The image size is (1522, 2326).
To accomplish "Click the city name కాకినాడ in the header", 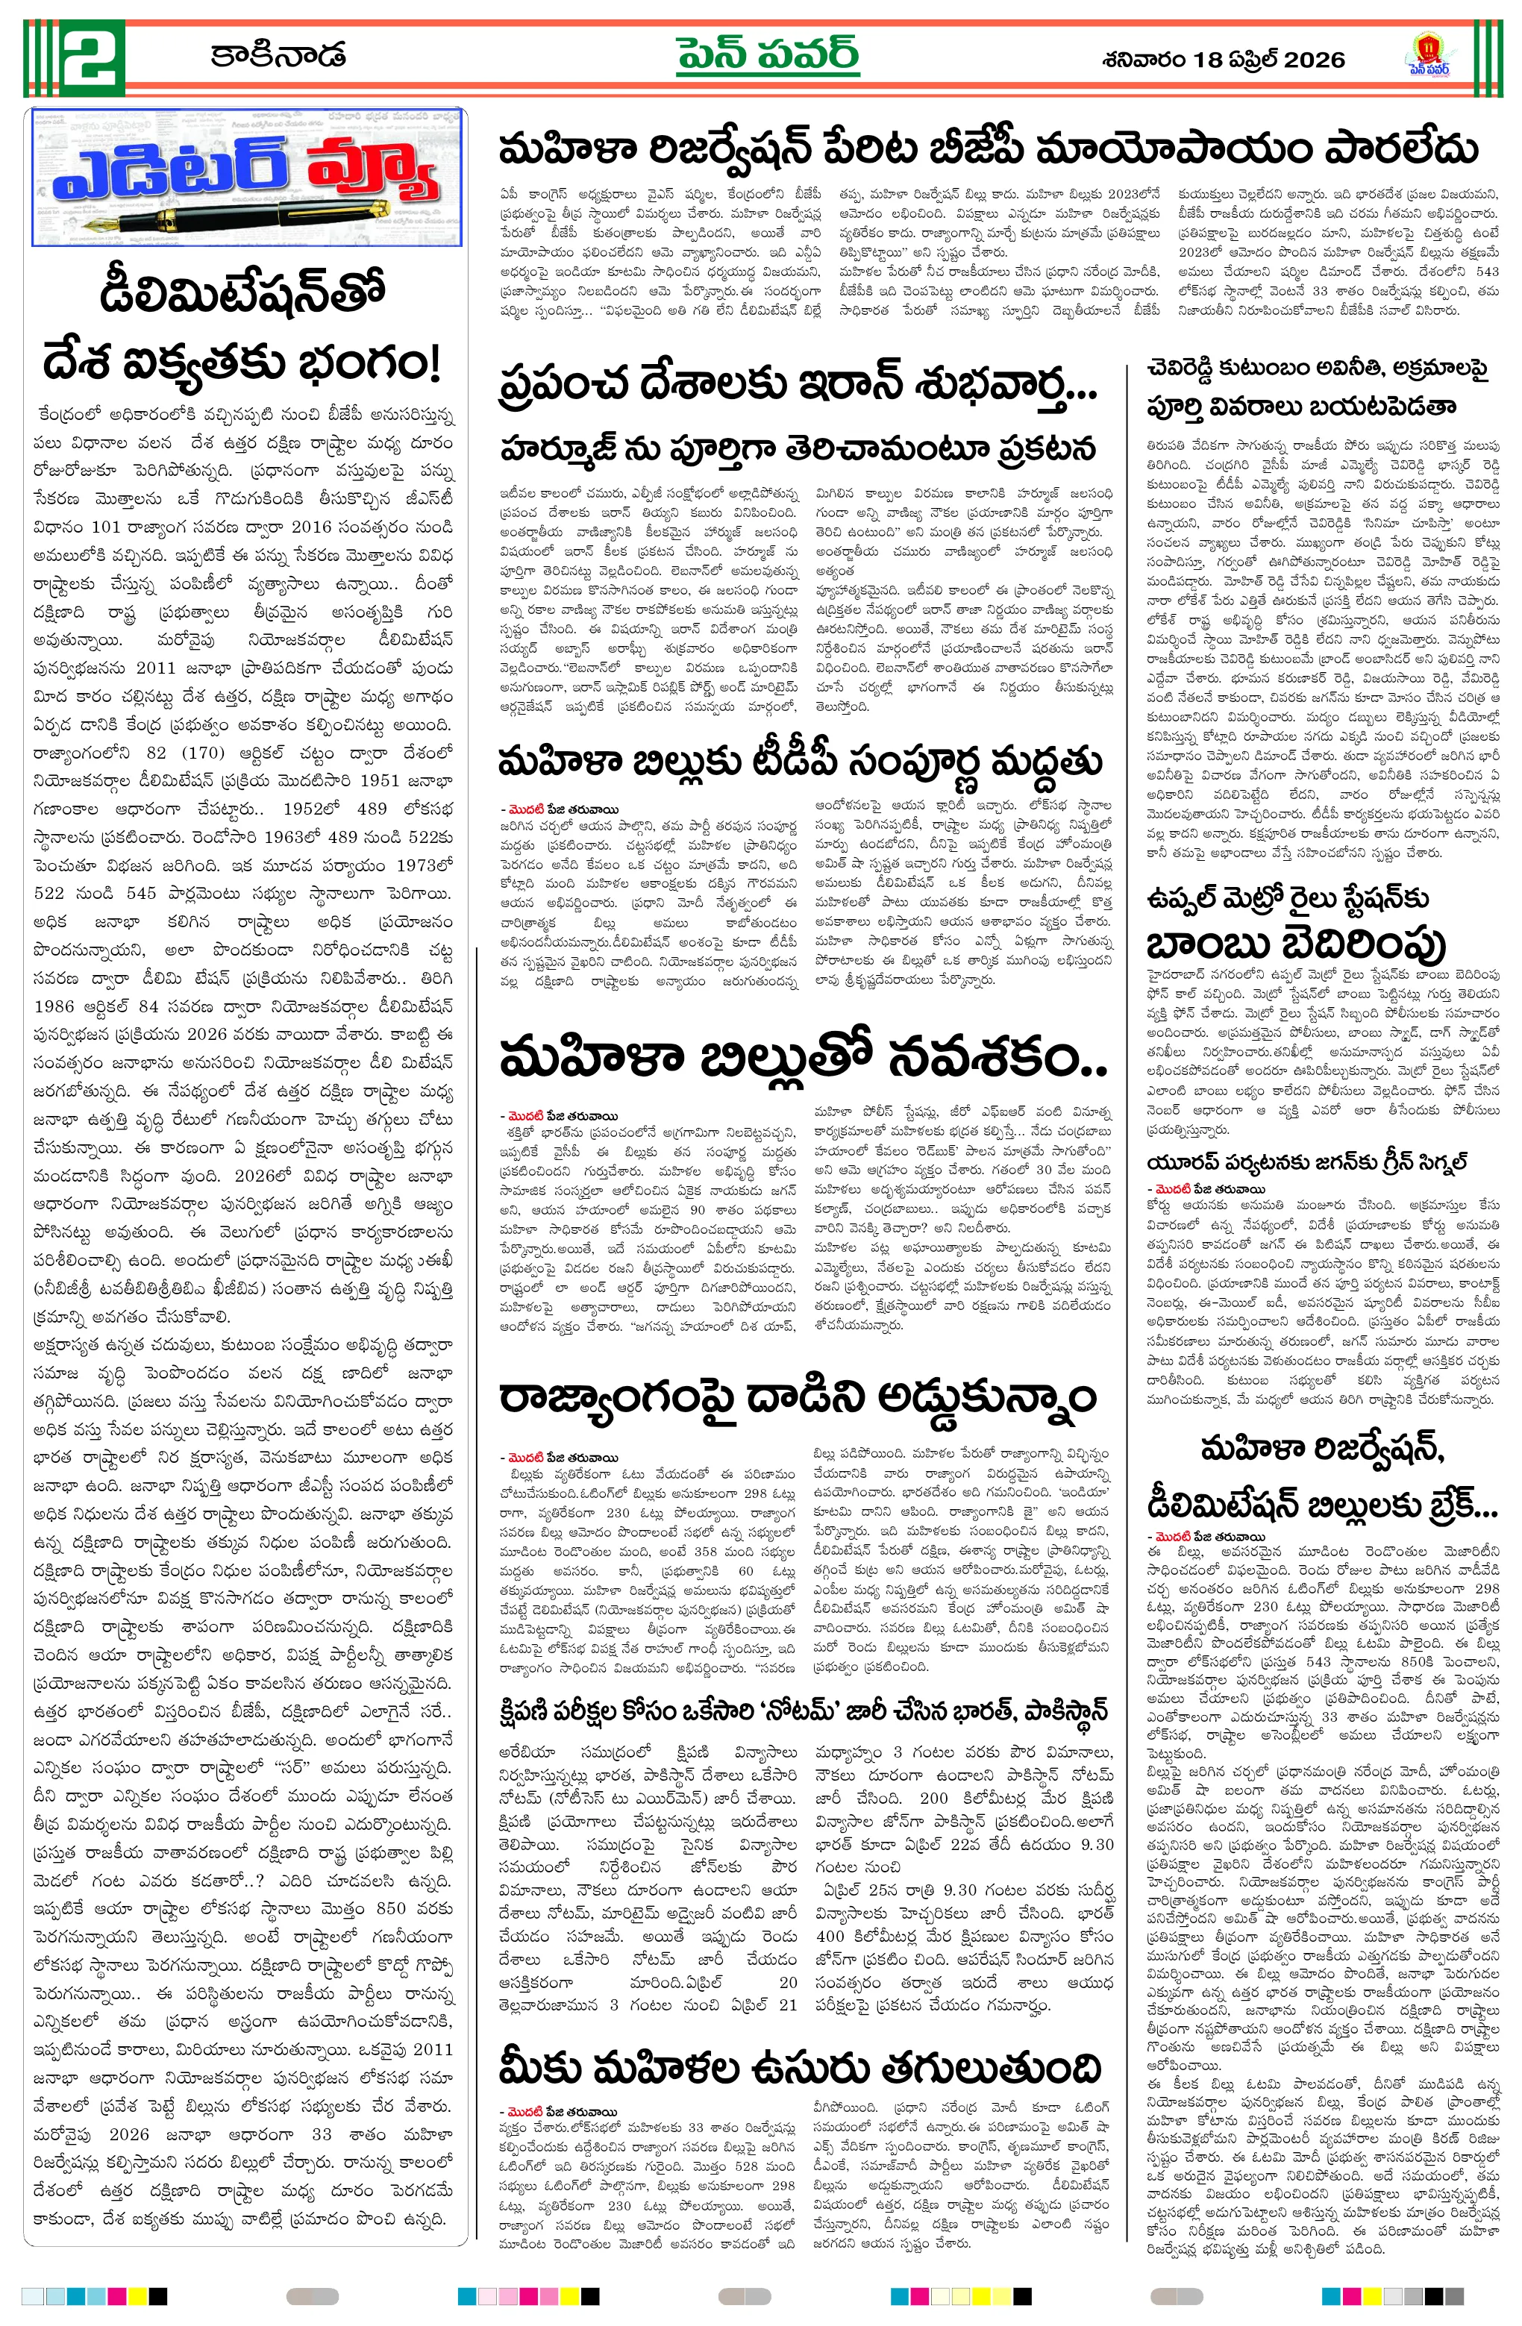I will tap(278, 54).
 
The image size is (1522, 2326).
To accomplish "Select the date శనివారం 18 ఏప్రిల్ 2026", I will tap(1222, 60).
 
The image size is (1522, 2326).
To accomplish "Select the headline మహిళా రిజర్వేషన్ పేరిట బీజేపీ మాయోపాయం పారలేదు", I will tap(987, 149).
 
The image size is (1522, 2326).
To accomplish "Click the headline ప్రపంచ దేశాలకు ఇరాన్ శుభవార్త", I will tap(797, 383).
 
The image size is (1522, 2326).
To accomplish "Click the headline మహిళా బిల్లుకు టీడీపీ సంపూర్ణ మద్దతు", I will tap(800, 762).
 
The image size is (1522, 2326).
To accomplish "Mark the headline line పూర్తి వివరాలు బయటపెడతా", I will tap(1301, 407).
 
